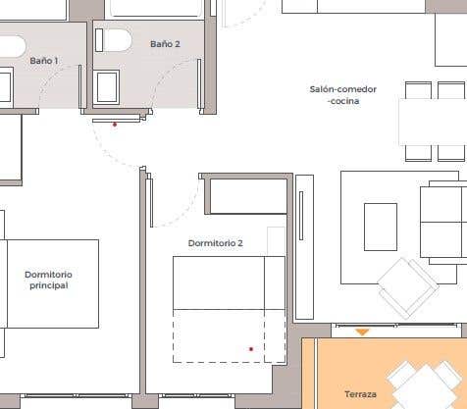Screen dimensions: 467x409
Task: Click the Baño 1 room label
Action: [44, 61]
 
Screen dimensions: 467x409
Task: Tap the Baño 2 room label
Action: [165, 44]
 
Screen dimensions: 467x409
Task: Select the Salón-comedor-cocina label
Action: [343, 95]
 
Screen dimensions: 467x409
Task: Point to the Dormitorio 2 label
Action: [216, 243]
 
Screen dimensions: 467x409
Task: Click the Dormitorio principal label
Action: [48, 280]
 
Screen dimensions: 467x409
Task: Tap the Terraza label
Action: [360, 394]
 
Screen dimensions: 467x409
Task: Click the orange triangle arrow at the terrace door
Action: [362, 332]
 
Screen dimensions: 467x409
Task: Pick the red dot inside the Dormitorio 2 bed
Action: [251, 349]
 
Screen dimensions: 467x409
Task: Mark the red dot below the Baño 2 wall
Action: [115, 125]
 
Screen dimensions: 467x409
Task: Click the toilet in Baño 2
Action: [114, 40]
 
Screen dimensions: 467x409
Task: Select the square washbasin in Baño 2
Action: [106, 87]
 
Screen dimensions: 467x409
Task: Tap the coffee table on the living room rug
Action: [381, 227]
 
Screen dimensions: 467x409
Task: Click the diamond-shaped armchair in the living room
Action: [408, 287]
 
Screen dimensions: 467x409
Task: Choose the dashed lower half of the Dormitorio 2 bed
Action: [229, 335]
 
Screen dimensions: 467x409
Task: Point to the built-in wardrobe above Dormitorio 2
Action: [248, 196]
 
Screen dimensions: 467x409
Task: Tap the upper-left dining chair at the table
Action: [418, 90]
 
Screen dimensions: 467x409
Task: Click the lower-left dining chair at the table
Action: [418, 153]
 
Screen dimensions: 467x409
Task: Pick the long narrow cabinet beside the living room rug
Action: [305, 247]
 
